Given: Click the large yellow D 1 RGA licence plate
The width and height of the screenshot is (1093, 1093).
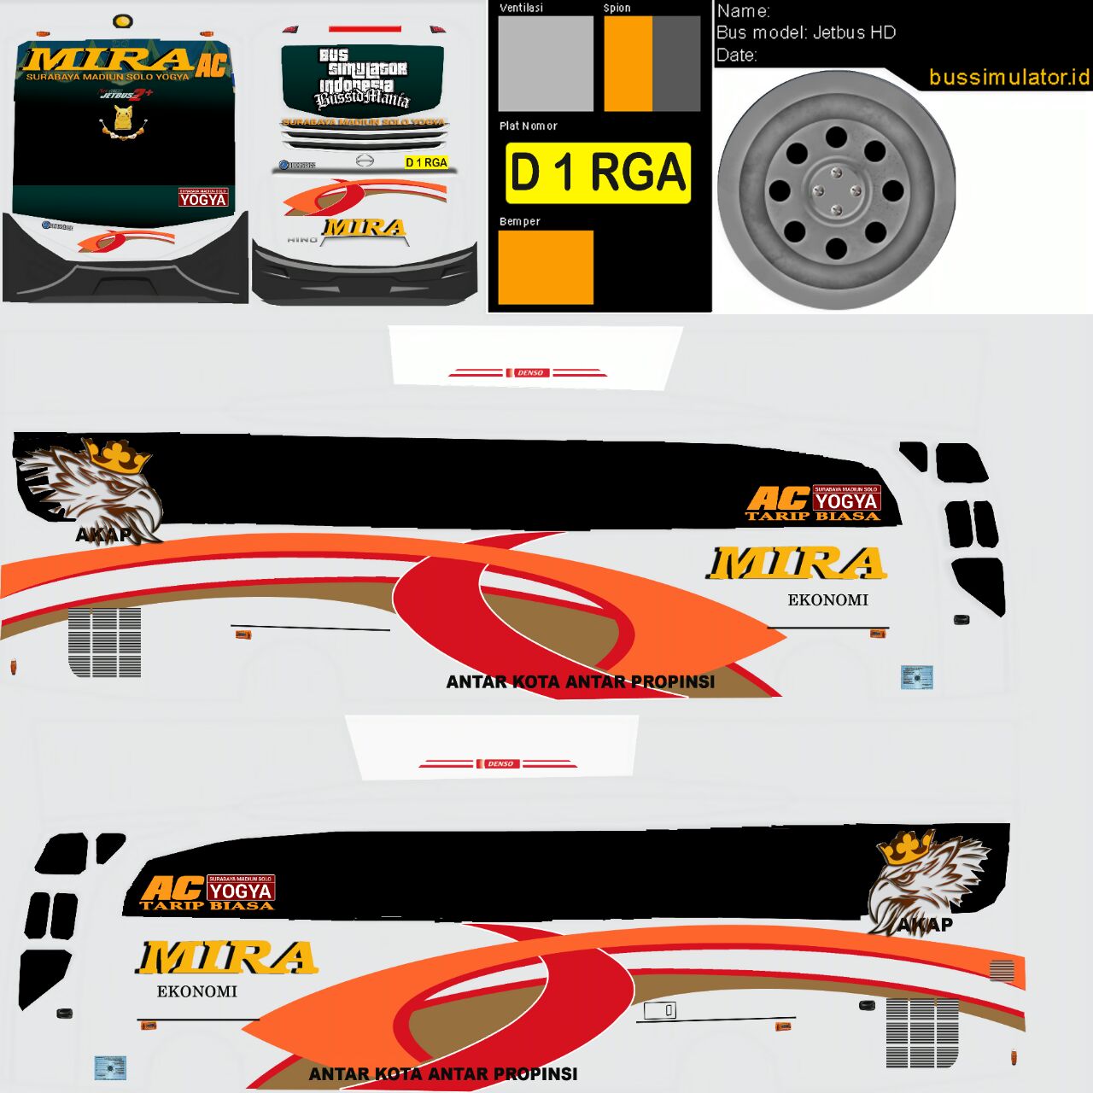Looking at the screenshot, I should pyautogui.click(x=598, y=172).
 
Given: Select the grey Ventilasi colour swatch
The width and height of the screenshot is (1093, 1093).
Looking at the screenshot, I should pyautogui.click(x=546, y=63).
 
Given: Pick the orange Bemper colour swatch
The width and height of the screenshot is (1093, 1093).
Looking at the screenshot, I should pyautogui.click(x=546, y=266).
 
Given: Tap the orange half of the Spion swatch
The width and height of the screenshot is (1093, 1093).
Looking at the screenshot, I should pyautogui.click(x=628, y=63).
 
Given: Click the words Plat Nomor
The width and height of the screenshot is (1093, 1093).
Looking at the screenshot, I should pyautogui.click(x=528, y=126).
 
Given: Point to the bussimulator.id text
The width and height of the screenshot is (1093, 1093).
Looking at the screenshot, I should pyautogui.click(x=1008, y=77).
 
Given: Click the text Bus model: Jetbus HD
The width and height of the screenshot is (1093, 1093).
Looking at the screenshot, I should pyautogui.click(x=805, y=32).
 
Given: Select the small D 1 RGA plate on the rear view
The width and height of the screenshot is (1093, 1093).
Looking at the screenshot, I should pyautogui.click(x=426, y=162).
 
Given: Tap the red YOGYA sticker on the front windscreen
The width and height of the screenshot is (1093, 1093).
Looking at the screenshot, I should pyautogui.click(x=203, y=198).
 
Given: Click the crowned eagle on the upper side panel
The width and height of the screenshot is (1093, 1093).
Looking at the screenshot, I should pyautogui.click(x=94, y=487).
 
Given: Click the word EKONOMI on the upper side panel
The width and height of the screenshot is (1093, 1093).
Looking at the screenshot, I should pyautogui.click(x=827, y=600).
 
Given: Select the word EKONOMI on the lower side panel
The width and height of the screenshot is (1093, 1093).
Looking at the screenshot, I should pyautogui.click(x=196, y=991).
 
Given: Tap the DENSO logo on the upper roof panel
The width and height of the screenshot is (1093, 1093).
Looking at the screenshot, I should pyautogui.click(x=529, y=373).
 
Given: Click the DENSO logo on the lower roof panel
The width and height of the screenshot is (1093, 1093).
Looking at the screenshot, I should pyautogui.click(x=500, y=763).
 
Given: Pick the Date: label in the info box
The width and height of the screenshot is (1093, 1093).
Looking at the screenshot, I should pyautogui.click(x=736, y=56).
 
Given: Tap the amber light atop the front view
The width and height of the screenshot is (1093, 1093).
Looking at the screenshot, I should pyautogui.click(x=123, y=20).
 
